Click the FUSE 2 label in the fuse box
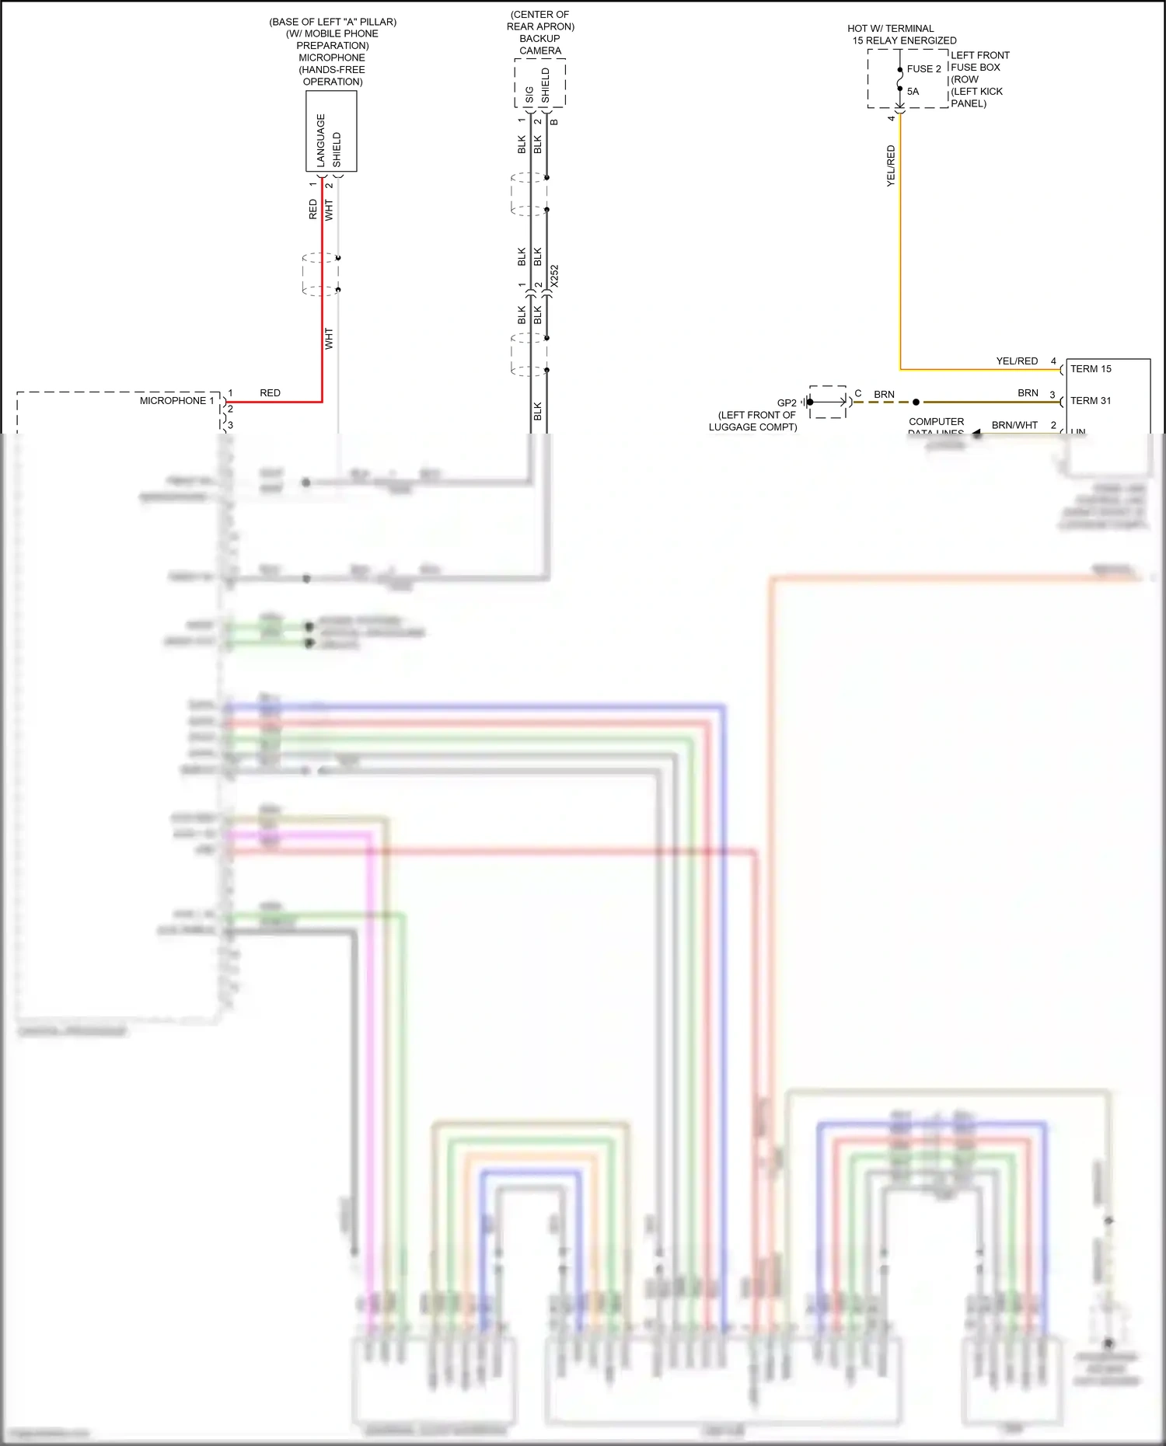pos(923,69)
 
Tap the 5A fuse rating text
pos(913,92)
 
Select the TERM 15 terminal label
pos(1091,369)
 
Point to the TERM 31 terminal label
pos(1091,401)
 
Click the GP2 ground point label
pos(787,403)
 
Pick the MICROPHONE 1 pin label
pos(176,401)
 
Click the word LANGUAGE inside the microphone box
pos(321,141)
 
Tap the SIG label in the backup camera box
pos(530,95)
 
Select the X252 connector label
pos(554,277)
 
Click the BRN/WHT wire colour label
pos(1014,425)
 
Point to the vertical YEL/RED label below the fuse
pos(891,166)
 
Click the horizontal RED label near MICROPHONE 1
pos(270,393)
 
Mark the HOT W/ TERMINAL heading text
pos(891,29)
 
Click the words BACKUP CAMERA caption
pos(540,45)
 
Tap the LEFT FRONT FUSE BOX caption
pos(979,61)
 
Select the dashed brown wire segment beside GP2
pos(881,402)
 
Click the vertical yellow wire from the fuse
pos(900,249)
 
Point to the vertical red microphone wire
pos(322,311)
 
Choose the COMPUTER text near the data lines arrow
pos(936,422)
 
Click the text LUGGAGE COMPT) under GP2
pos(752,427)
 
